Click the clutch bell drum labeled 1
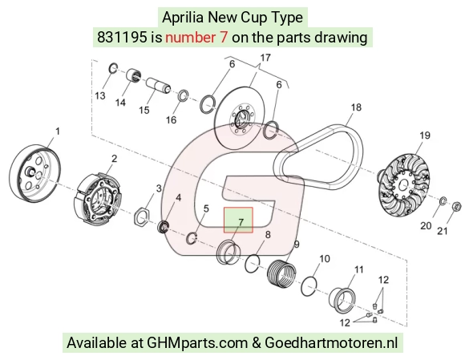click(x=35, y=173)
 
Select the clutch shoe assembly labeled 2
click(x=97, y=198)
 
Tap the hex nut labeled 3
click(x=142, y=220)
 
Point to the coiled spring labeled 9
click(x=281, y=273)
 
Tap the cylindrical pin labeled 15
click(x=159, y=85)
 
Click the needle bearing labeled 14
click(x=134, y=76)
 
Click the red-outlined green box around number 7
click(x=238, y=220)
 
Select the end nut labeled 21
click(x=457, y=206)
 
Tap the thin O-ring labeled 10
click(x=309, y=286)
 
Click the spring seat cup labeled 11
click(x=342, y=300)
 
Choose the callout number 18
click(x=356, y=107)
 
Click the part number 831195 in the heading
click(x=122, y=38)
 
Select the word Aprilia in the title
click(x=183, y=17)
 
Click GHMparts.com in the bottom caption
click(x=197, y=343)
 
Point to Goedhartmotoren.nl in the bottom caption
click(x=331, y=343)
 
